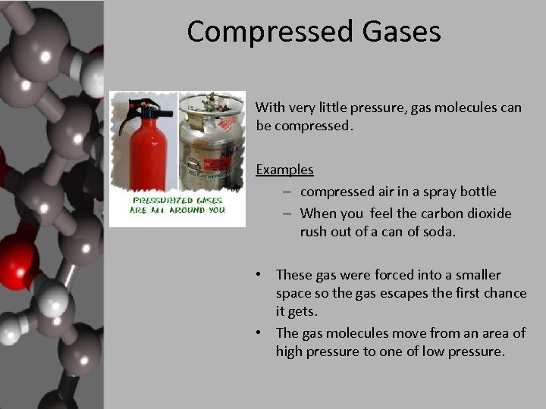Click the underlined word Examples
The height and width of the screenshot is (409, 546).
click(284, 170)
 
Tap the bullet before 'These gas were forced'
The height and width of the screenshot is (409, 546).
click(259, 274)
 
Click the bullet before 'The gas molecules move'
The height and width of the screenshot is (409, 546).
click(259, 333)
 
